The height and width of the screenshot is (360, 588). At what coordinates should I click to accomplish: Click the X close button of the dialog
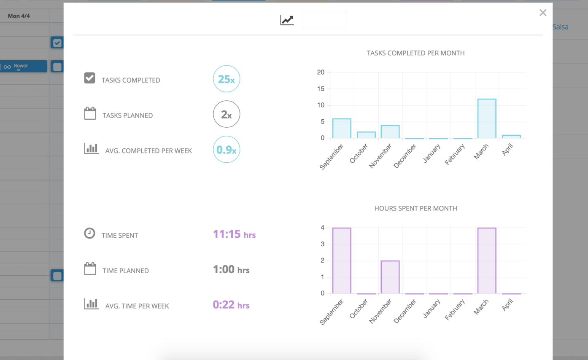click(543, 13)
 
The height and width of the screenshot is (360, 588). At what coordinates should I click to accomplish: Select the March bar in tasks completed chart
click(487, 118)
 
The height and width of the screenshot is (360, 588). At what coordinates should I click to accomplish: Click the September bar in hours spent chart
click(342, 261)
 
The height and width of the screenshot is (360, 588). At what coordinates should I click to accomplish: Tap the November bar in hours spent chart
click(390, 277)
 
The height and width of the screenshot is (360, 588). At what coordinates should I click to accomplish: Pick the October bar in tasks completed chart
click(366, 135)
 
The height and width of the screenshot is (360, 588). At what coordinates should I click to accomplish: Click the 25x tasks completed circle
click(227, 79)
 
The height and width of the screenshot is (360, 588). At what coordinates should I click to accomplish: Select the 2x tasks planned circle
click(227, 114)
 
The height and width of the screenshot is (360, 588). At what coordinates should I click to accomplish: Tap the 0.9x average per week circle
click(227, 150)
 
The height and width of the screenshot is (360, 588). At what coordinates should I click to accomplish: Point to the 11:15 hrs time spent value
click(234, 234)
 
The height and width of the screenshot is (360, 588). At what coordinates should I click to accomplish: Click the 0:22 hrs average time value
click(231, 305)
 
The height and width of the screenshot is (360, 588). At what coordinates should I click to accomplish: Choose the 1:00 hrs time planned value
click(231, 270)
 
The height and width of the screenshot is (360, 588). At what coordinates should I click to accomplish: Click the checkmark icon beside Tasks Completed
click(89, 78)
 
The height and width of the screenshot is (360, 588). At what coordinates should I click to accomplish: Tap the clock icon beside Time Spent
click(89, 233)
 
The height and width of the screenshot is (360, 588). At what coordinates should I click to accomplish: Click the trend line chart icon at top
click(287, 20)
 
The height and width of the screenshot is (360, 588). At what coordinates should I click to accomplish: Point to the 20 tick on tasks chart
click(321, 73)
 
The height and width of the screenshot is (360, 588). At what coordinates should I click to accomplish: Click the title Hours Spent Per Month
click(415, 208)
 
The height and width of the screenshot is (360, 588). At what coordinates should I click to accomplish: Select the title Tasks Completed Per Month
click(415, 53)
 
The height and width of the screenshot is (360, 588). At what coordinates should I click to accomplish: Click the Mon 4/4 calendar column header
click(19, 16)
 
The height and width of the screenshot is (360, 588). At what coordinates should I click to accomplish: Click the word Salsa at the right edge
click(560, 27)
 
